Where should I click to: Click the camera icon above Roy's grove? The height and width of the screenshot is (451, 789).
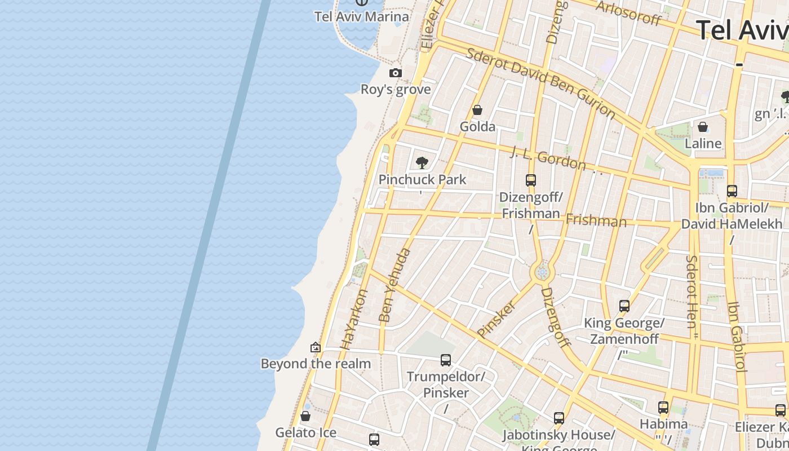click(x=396, y=73)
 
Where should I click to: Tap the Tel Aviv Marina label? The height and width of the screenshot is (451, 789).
click(x=361, y=16)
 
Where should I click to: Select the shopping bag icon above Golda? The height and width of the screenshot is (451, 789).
click(x=477, y=110)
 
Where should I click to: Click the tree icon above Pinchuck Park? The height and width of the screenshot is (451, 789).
click(x=422, y=163)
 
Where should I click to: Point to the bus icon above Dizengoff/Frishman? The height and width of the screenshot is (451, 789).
click(x=530, y=180)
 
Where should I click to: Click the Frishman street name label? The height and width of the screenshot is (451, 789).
click(x=596, y=220)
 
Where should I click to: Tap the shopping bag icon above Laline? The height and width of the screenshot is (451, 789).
click(x=703, y=127)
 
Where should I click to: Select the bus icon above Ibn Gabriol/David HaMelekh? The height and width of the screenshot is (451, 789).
click(x=732, y=191)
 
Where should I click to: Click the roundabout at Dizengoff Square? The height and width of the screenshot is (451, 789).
click(x=542, y=273)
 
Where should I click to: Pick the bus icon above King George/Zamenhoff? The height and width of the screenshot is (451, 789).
click(x=624, y=306)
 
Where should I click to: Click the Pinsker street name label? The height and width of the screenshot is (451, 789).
click(x=497, y=319)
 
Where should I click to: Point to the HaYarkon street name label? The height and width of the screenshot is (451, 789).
click(x=354, y=319)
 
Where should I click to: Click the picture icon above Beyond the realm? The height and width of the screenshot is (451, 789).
click(x=316, y=347)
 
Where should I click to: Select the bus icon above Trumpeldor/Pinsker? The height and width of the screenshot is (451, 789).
click(x=446, y=360)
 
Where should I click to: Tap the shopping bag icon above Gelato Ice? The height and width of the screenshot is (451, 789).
click(x=305, y=416)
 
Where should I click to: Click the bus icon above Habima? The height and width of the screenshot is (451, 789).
click(x=663, y=407)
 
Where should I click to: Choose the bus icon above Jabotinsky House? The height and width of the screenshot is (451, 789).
click(x=558, y=418)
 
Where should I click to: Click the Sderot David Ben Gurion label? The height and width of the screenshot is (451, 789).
click(x=540, y=83)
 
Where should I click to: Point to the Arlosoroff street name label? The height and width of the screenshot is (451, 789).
click(x=628, y=12)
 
